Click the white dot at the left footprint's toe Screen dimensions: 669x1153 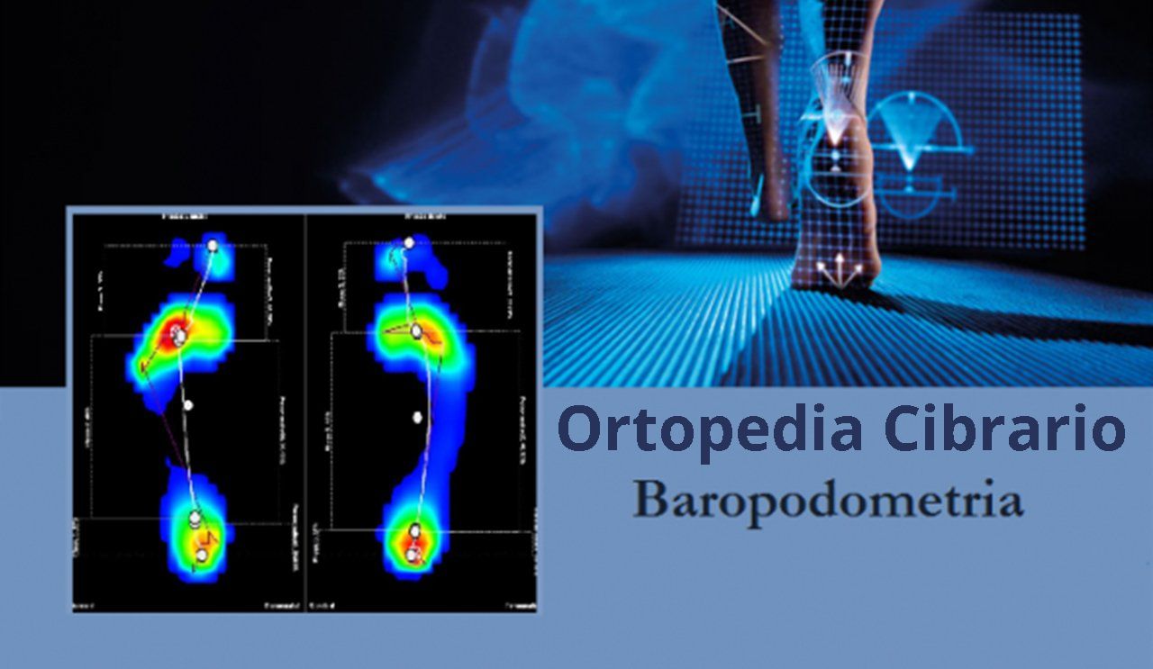pyautogui.click(x=213, y=245)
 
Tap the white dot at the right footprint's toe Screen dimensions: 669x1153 pyautogui.click(x=409, y=242)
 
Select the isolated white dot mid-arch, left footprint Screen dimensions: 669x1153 pyautogui.click(x=188, y=405)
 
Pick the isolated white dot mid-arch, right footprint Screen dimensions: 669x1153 pyautogui.click(x=417, y=416)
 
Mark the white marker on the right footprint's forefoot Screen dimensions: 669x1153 pyautogui.click(x=416, y=331)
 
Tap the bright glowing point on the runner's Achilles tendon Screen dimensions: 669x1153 pyautogui.click(x=836, y=135)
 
